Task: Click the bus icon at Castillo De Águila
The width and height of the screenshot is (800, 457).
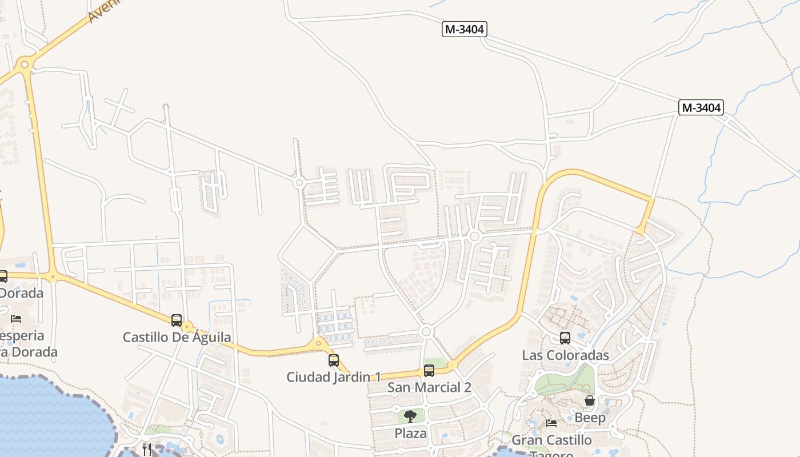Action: [x=177, y=320]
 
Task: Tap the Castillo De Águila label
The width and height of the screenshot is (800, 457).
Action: [x=177, y=337]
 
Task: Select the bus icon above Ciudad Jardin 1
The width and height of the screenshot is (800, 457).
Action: [x=334, y=360]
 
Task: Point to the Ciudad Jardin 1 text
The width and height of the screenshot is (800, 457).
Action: [x=334, y=377]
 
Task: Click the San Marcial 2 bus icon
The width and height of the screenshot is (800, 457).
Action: [x=429, y=371]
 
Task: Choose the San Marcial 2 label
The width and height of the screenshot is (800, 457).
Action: [x=429, y=387]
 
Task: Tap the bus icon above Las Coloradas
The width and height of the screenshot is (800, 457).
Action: [x=565, y=338]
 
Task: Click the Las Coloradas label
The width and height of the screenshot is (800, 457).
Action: [x=565, y=355]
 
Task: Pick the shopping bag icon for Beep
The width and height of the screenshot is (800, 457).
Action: [x=590, y=401]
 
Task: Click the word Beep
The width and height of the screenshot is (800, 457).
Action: [x=590, y=418]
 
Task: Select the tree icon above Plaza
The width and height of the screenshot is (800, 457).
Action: [x=410, y=416]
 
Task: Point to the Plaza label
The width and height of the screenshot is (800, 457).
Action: [x=410, y=433]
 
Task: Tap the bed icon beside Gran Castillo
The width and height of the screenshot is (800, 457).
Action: [x=551, y=423]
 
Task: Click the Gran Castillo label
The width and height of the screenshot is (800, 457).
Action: [x=551, y=440]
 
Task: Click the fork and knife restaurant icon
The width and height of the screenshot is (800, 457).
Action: [x=147, y=449]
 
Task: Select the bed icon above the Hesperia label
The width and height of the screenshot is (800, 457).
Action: [x=16, y=318]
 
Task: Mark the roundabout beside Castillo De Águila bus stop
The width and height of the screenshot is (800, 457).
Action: [x=187, y=327]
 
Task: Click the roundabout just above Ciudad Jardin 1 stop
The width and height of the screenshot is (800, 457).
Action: [x=319, y=343]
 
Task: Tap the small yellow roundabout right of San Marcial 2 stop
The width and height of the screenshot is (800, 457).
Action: [x=453, y=364]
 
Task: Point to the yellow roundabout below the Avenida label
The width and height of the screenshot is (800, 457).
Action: [x=24, y=65]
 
